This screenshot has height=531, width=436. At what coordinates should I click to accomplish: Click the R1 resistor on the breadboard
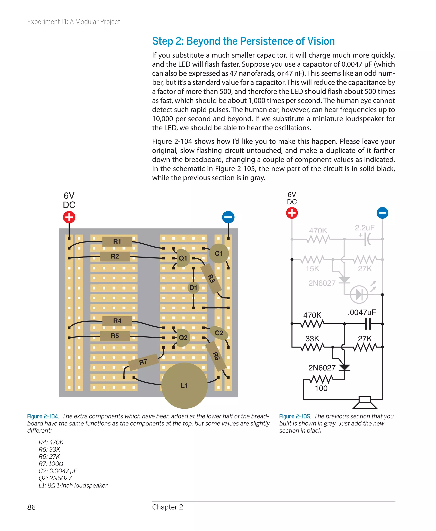(x=117, y=241)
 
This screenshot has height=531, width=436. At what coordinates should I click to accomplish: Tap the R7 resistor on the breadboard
(x=143, y=362)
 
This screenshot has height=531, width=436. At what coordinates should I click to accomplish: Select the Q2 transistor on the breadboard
(x=183, y=338)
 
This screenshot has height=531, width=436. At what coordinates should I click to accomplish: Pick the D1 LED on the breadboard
(x=193, y=288)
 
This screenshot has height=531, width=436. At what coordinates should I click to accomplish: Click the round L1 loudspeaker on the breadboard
(x=184, y=385)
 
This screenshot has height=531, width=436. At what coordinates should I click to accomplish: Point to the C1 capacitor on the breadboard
(x=219, y=253)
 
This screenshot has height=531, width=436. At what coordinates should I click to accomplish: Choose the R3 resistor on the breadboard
(x=211, y=278)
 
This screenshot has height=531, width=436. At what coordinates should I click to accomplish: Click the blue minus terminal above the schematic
(x=382, y=213)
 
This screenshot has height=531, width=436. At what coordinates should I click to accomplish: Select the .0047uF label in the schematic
(x=362, y=313)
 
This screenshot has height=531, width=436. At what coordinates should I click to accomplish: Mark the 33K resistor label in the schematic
(x=312, y=338)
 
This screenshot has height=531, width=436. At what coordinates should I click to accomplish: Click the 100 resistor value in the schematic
(x=321, y=388)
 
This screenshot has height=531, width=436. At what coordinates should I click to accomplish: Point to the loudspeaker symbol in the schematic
(x=365, y=402)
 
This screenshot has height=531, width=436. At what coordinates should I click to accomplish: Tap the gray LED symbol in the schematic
(x=359, y=294)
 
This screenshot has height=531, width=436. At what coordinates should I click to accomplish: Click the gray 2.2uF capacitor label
(x=365, y=228)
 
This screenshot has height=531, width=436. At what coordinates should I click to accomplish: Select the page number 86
(x=31, y=507)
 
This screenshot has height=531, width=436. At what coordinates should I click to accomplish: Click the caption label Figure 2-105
(x=295, y=416)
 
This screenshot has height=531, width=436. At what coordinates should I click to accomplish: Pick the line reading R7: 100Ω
(x=51, y=464)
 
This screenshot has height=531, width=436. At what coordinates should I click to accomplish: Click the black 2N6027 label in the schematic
(x=322, y=368)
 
